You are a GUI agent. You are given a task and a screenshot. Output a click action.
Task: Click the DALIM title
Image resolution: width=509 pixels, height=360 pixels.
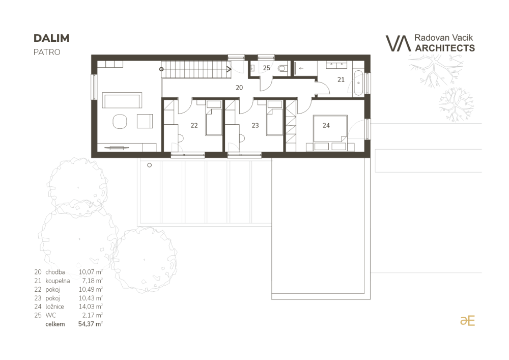tap(51, 38)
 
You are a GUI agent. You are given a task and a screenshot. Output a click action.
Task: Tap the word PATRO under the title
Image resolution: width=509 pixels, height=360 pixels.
tap(47, 52)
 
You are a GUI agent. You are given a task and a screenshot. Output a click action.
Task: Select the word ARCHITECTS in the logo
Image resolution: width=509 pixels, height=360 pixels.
tap(445, 48)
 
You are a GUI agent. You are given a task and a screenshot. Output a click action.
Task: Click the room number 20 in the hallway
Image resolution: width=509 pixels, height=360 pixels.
tap(239, 88)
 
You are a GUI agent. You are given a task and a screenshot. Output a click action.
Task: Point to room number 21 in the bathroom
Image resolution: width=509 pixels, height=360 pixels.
tap(341, 79)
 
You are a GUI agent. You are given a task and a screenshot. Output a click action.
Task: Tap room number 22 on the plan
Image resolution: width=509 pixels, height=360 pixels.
tap(194, 125)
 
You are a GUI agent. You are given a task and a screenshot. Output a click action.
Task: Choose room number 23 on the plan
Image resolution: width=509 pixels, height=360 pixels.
tap(255, 125)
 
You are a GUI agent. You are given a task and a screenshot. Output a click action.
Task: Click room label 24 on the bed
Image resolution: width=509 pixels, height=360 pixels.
tap(326, 125)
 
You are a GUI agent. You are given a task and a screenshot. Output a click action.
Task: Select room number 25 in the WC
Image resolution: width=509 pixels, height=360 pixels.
tap(267, 68)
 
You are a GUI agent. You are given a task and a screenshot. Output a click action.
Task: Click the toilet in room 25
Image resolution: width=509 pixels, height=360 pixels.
tap(282, 69)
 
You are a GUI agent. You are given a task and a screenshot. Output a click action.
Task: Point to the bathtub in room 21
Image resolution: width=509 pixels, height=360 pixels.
tap(358, 83)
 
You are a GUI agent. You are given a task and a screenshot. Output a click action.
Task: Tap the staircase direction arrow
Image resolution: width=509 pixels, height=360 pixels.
tap(229, 69)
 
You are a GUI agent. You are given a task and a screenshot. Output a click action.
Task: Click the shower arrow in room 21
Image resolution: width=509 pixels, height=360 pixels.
tap(301, 68)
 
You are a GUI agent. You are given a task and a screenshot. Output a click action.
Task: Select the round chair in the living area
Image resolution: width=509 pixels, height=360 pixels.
tap(120, 121)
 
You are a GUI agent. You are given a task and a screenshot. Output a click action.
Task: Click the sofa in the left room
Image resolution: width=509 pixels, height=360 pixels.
tap(122, 100)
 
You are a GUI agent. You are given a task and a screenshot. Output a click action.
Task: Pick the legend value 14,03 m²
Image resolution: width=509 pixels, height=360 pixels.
tap(91, 307)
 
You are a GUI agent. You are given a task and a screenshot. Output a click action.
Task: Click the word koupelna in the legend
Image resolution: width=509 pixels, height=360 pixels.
tap(58, 281)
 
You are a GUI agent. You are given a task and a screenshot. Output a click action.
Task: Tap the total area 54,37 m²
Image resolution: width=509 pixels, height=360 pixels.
tap(91, 324)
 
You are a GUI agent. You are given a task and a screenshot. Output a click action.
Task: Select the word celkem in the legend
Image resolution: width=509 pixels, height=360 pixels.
tap(55, 324)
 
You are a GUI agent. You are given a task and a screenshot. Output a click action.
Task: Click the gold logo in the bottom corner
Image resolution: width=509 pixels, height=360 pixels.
tap(467, 321)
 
